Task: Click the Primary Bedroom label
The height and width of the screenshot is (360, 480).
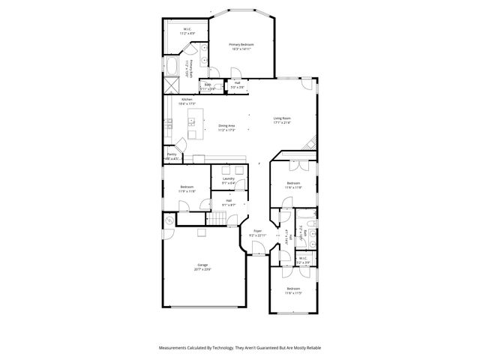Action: point(241,45)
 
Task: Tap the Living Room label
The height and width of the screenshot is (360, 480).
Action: point(282,118)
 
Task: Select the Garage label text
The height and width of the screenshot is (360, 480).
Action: point(202,265)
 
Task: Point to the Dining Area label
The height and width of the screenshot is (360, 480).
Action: point(227,125)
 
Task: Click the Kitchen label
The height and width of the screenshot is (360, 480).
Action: point(187,100)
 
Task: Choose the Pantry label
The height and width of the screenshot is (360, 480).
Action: point(172,154)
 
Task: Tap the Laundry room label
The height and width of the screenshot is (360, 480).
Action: point(228,178)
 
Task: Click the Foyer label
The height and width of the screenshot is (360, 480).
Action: point(257,231)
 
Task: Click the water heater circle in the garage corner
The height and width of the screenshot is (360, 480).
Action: point(169,220)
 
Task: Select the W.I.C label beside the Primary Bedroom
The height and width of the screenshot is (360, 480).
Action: point(186,29)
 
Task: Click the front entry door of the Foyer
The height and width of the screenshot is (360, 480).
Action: point(257,254)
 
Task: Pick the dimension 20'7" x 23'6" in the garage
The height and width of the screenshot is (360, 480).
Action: point(202,270)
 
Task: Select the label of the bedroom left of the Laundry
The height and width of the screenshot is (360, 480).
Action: point(187,187)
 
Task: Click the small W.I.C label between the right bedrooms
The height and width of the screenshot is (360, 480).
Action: point(302,259)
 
